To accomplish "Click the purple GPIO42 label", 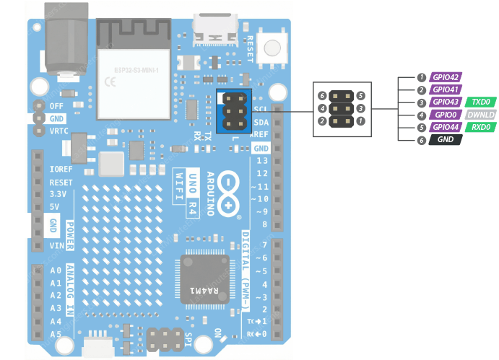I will coord(446,77).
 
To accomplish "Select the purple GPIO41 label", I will coord(446,90).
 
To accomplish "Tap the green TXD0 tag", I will coord(480,102).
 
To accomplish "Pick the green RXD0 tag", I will coord(480,127).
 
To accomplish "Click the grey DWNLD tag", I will coord(480,115).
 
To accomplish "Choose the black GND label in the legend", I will coord(446,139).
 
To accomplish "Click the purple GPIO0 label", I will coord(446,115).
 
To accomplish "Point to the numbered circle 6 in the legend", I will coord(421,139).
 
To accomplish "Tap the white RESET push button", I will coord(272,48).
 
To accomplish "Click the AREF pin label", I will coord(261,135).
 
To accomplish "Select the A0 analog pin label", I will coord(56,271).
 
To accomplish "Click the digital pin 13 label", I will coord(261,160).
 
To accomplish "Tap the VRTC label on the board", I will coord(60,131).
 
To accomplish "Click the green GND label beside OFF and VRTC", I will coord(56,118).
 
